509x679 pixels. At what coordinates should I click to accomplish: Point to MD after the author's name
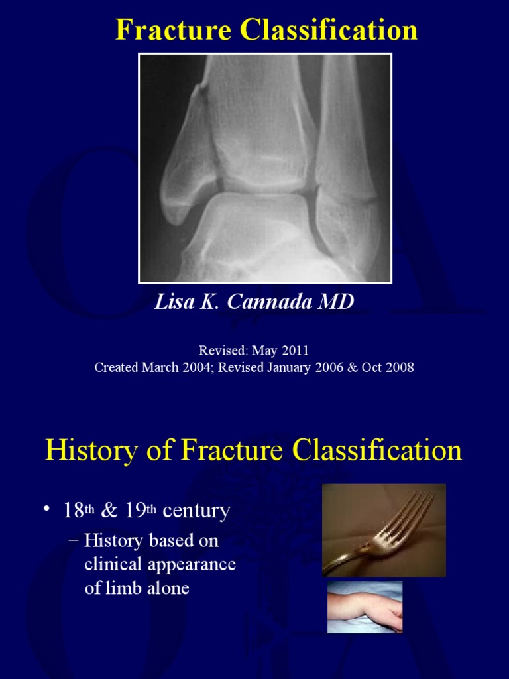click(x=337, y=302)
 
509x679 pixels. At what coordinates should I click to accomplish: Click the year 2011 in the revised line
click(x=296, y=351)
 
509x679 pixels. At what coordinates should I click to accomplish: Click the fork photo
click(x=384, y=530)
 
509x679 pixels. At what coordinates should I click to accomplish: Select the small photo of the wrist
click(x=365, y=607)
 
